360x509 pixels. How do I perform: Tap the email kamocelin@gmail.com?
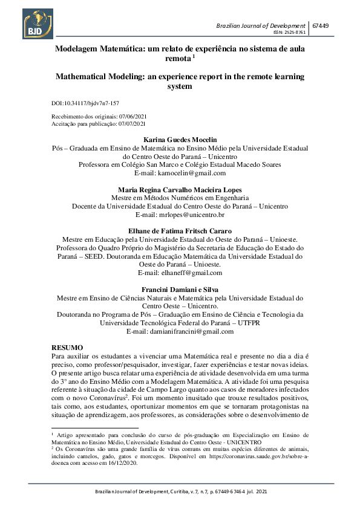[x=191, y=173]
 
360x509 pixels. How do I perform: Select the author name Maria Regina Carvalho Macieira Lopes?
[x=180, y=189]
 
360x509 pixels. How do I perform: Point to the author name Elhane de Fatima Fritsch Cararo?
[x=180, y=231]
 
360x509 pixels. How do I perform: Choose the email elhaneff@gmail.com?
[x=191, y=273]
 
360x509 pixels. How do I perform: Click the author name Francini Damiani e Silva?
[x=180, y=290]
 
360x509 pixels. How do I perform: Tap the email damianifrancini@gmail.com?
[x=191, y=331]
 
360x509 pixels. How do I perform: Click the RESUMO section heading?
[x=67, y=348]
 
